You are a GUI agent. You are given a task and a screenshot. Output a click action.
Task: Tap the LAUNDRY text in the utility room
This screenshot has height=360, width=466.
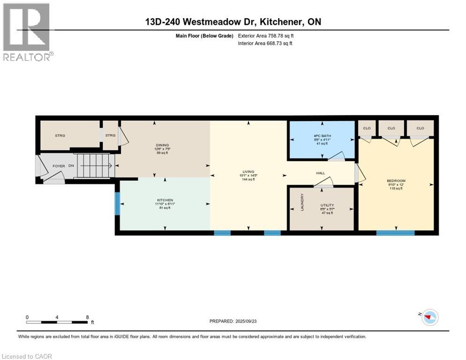tap(302, 202)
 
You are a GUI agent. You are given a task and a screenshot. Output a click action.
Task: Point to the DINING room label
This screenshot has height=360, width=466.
tap(162, 145)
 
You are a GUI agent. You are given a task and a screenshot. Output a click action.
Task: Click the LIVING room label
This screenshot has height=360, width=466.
tap(248, 172)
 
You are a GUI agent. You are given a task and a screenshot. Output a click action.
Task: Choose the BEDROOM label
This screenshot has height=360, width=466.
tap(396, 181)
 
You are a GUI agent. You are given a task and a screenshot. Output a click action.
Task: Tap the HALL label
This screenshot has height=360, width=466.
tap(321, 173)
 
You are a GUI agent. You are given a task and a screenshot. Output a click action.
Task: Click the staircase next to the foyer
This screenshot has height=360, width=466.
tap(96, 165)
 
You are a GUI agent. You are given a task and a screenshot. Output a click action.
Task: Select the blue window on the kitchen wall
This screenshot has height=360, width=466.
tap(117, 203)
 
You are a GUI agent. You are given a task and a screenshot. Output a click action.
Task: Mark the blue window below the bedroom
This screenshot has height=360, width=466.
tap(395, 232)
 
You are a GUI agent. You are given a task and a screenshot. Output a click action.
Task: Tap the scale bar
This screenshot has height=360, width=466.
tap(57, 322)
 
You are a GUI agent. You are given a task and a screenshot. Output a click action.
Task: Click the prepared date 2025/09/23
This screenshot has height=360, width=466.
tap(233, 321)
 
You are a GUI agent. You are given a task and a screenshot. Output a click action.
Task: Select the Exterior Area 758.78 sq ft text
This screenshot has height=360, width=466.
tap(266, 36)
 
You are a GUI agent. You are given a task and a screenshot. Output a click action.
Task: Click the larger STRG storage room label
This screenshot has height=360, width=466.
tap(60, 135)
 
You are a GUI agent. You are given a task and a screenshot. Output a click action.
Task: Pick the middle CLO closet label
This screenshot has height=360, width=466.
tap(391, 128)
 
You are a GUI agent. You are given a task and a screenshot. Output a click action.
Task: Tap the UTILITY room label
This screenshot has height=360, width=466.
tap(327, 205)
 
